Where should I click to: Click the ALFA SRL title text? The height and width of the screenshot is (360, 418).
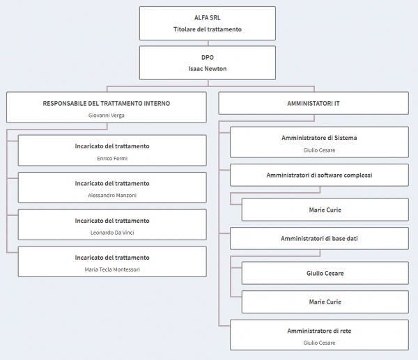(x=208, y=18)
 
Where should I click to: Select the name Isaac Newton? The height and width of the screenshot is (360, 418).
(x=208, y=69)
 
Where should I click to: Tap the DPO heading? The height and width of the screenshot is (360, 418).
(x=208, y=57)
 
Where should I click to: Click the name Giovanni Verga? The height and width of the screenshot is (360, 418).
(x=107, y=116)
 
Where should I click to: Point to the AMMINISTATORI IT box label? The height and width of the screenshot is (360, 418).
(x=313, y=103)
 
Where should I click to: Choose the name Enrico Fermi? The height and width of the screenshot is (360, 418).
(x=112, y=159)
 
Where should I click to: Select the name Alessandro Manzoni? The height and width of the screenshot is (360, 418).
(x=112, y=196)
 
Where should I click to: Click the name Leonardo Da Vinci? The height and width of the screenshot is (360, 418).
(x=112, y=233)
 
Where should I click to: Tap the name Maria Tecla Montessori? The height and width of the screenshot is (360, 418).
(x=112, y=269)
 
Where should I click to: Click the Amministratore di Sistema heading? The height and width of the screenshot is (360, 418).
(x=319, y=138)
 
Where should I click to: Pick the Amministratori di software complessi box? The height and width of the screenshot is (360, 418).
(x=319, y=175)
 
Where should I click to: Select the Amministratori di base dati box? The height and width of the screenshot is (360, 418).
(x=319, y=238)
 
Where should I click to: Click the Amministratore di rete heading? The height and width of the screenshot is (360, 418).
(x=319, y=331)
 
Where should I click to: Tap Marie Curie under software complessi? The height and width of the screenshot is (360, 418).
(x=325, y=210)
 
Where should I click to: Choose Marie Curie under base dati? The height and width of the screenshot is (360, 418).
(x=325, y=302)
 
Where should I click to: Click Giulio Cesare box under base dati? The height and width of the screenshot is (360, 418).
(x=325, y=273)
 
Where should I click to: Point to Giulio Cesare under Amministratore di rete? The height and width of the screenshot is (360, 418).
(x=319, y=343)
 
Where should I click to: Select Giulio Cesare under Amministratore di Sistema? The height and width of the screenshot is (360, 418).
(x=319, y=150)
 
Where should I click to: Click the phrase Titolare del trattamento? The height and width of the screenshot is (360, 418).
(x=208, y=29)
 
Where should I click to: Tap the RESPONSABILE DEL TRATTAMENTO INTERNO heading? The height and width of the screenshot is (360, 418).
(x=107, y=103)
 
